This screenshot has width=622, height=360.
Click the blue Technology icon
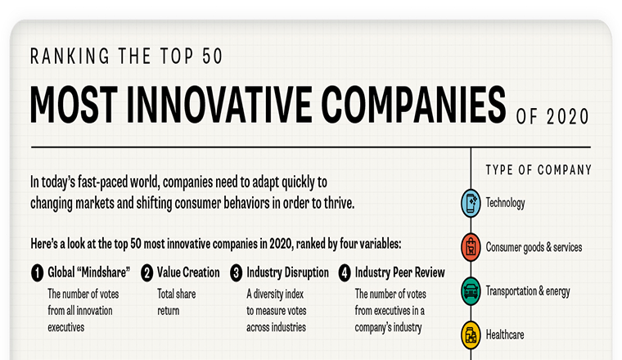(x=471, y=204)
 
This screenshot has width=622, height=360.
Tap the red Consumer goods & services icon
(x=471, y=247)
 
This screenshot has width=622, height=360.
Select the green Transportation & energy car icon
(x=471, y=291)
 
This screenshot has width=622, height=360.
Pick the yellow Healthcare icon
(x=471, y=335)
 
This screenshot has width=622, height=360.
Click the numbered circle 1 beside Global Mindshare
(x=38, y=273)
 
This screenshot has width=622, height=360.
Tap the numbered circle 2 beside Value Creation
(x=146, y=273)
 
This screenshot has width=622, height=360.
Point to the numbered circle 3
(x=236, y=273)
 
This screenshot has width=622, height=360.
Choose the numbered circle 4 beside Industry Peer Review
(x=345, y=273)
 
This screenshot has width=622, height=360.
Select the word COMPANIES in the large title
(x=413, y=105)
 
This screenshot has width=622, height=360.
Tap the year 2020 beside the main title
(x=568, y=117)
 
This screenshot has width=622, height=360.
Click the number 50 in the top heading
(x=212, y=56)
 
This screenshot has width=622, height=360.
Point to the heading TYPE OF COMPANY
(x=539, y=170)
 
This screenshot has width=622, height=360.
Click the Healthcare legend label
(x=505, y=335)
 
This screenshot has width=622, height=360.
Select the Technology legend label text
(x=506, y=203)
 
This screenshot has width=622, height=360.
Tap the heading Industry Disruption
(x=287, y=272)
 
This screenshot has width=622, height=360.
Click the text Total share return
(x=177, y=302)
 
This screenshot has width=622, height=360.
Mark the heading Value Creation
(x=188, y=272)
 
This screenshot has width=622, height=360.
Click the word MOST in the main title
(x=74, y=105)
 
